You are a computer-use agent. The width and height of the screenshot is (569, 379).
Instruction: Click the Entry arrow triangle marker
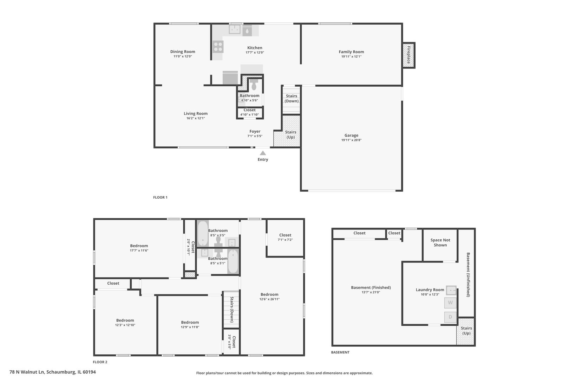pos(263,153)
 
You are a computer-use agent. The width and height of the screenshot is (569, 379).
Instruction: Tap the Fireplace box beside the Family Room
pos(408,55)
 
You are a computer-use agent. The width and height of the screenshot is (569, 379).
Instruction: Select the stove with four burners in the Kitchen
pos(218,47)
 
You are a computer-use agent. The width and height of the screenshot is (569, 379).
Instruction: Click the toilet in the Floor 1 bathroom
pos(254,85)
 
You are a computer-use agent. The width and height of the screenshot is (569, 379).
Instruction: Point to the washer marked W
pos(450,302)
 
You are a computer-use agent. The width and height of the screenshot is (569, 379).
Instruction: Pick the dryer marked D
pos(450,317)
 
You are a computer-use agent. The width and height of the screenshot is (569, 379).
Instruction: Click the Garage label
pos(351,135)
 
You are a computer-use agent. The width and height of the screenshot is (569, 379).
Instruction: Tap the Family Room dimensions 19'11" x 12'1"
pos(351,56)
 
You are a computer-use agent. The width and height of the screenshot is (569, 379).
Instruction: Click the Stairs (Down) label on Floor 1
pos(292,98)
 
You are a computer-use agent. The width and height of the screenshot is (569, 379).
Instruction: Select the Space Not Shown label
pos(440,242)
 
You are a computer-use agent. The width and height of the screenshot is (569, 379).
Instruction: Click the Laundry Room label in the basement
pos(430,290)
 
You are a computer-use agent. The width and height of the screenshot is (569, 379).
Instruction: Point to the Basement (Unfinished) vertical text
pos(468,274)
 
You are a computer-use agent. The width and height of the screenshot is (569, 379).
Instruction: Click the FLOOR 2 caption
pos(100,362)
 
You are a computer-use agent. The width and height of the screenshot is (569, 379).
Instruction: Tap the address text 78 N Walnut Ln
pos(53,372)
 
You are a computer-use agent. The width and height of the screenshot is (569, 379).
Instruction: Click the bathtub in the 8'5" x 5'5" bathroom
pos(202,233)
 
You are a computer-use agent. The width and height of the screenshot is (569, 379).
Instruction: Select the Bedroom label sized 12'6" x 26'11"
pos(269,294)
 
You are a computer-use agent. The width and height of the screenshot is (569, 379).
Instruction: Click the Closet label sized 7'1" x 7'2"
pos(285,235)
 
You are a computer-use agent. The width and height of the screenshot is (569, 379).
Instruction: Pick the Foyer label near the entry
pos(255,132)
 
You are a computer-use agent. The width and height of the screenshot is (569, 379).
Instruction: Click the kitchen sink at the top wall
pos(235,29)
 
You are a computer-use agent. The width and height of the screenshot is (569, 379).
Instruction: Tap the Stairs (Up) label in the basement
pos(466,331)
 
